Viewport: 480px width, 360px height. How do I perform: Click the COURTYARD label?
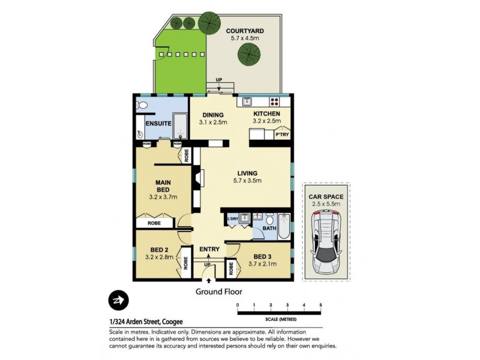[244, 31]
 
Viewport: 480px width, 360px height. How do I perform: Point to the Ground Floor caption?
[218, 292]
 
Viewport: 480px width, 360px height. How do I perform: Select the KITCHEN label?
[266, 114]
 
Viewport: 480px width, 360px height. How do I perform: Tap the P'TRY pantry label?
[281, 135]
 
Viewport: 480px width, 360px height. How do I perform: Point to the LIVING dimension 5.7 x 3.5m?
[247, 180]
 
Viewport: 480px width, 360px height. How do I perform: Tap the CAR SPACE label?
[326, 196]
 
